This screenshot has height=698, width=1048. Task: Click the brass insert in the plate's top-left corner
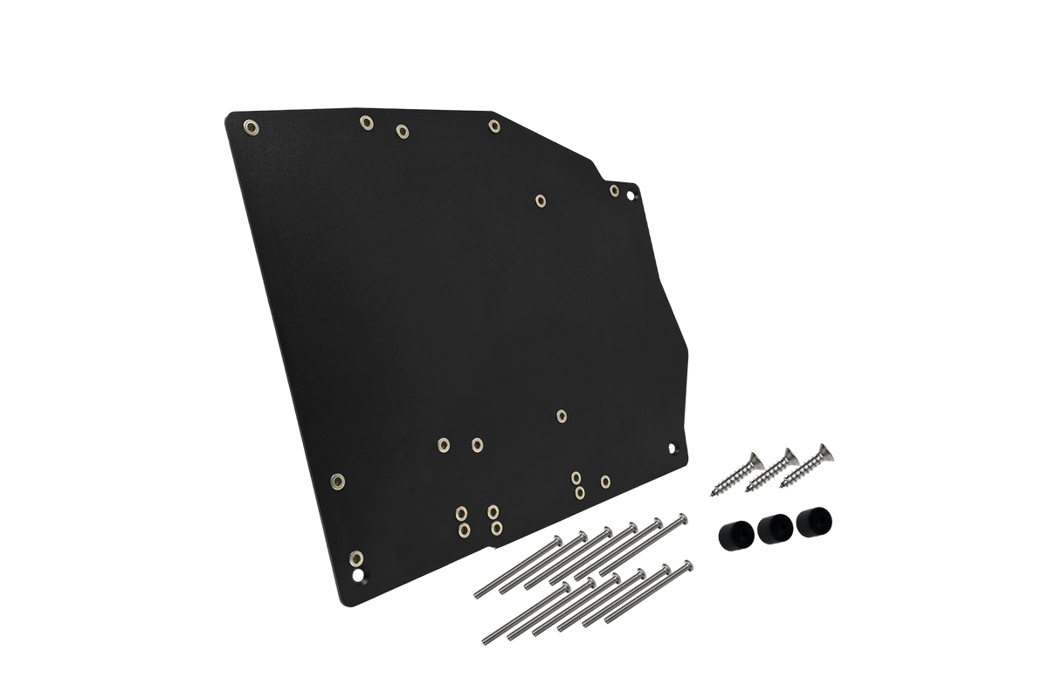[x=251, y=127]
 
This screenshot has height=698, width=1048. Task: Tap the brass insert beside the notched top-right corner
[x=614, y=190]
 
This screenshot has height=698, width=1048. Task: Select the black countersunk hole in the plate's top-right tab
[x=632, y=197]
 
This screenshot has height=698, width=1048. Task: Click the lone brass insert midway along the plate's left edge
[x=338, y=480]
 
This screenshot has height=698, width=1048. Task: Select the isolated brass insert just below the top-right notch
[x=541, y=202]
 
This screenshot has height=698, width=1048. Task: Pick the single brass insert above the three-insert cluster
[x=562, y=416]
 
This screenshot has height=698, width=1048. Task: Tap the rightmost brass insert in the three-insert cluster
[x=605, y=481]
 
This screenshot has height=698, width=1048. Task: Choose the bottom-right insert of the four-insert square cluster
[x=496, y=528]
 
